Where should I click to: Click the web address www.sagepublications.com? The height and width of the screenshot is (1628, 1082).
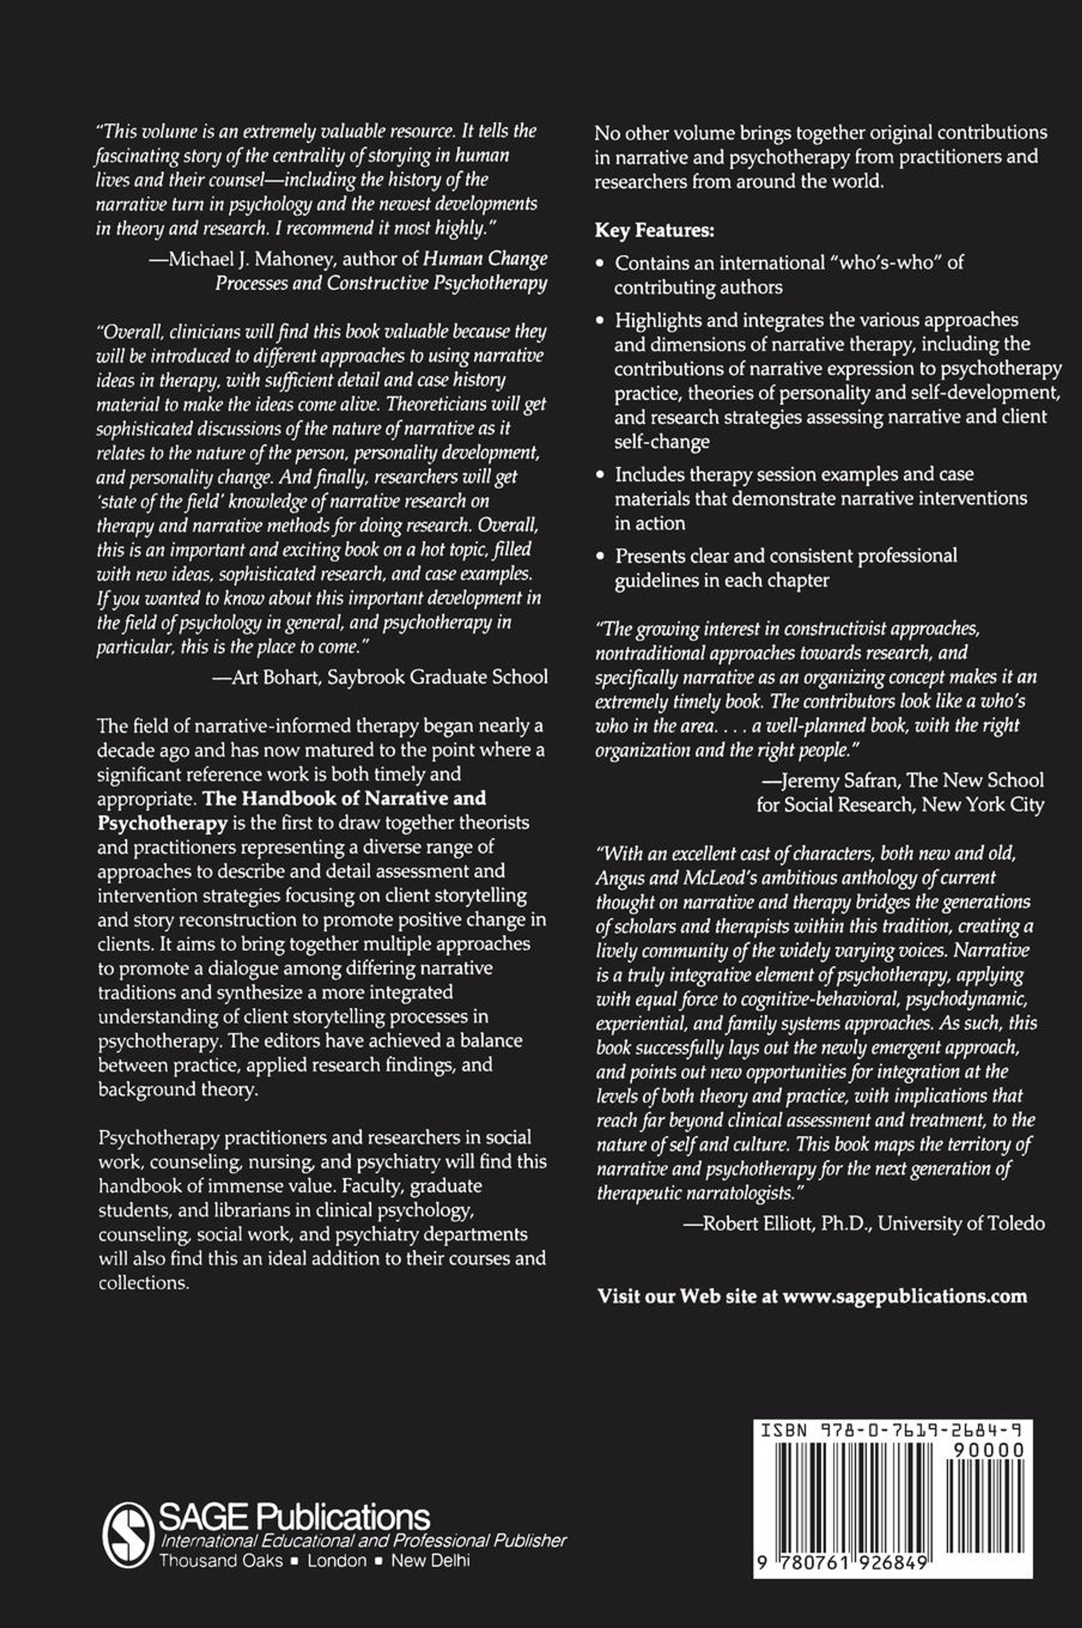click(905, 1295)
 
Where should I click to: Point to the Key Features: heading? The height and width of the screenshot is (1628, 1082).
click(654, 230)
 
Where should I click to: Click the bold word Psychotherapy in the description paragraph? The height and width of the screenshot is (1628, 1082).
click(163, 823)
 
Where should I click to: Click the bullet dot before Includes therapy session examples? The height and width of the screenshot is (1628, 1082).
click(601, 475)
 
